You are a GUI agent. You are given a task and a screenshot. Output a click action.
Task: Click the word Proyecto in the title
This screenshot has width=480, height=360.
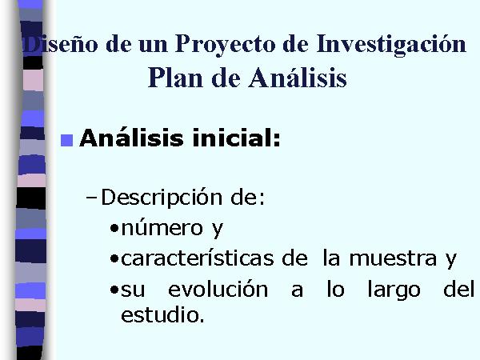[x=225, y=45]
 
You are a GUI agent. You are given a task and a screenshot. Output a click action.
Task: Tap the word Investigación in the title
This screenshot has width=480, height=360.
[x=391, y=45]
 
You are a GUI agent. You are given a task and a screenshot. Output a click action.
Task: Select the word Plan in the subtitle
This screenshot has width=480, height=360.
[x=175, y=78]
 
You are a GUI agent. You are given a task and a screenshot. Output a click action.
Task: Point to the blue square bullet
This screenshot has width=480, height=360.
[x=66, y=141]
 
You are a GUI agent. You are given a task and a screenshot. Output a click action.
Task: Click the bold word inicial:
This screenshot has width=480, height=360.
[x=236, y=138]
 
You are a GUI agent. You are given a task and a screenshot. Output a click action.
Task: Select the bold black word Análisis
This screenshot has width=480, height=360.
[x=131, y=138]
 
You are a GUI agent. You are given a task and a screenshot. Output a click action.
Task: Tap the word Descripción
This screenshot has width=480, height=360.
[x=162, y=198]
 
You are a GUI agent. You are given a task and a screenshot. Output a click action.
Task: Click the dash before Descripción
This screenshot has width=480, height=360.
[x=91, y=198]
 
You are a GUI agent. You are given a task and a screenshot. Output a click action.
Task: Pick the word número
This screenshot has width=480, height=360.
[x=162, y=227]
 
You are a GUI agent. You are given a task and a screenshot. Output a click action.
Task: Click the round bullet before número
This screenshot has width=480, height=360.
[x=114, y=228]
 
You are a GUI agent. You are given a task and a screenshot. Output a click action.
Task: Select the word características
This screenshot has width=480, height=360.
[x=197, y=258]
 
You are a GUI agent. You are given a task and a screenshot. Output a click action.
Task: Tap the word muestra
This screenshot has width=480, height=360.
[x=393, y=258]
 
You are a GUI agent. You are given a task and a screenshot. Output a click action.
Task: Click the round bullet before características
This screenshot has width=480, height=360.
[x=114, y=259]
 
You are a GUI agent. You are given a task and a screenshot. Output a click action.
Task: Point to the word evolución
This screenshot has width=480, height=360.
[x=218, y=289]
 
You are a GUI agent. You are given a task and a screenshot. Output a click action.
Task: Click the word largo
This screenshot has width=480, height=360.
[x=394, y=290]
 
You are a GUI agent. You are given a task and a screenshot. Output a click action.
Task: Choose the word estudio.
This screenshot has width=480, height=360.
[x=162, y=314]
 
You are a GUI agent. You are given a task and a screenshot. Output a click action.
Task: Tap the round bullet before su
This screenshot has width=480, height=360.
[x=114, y=290]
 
